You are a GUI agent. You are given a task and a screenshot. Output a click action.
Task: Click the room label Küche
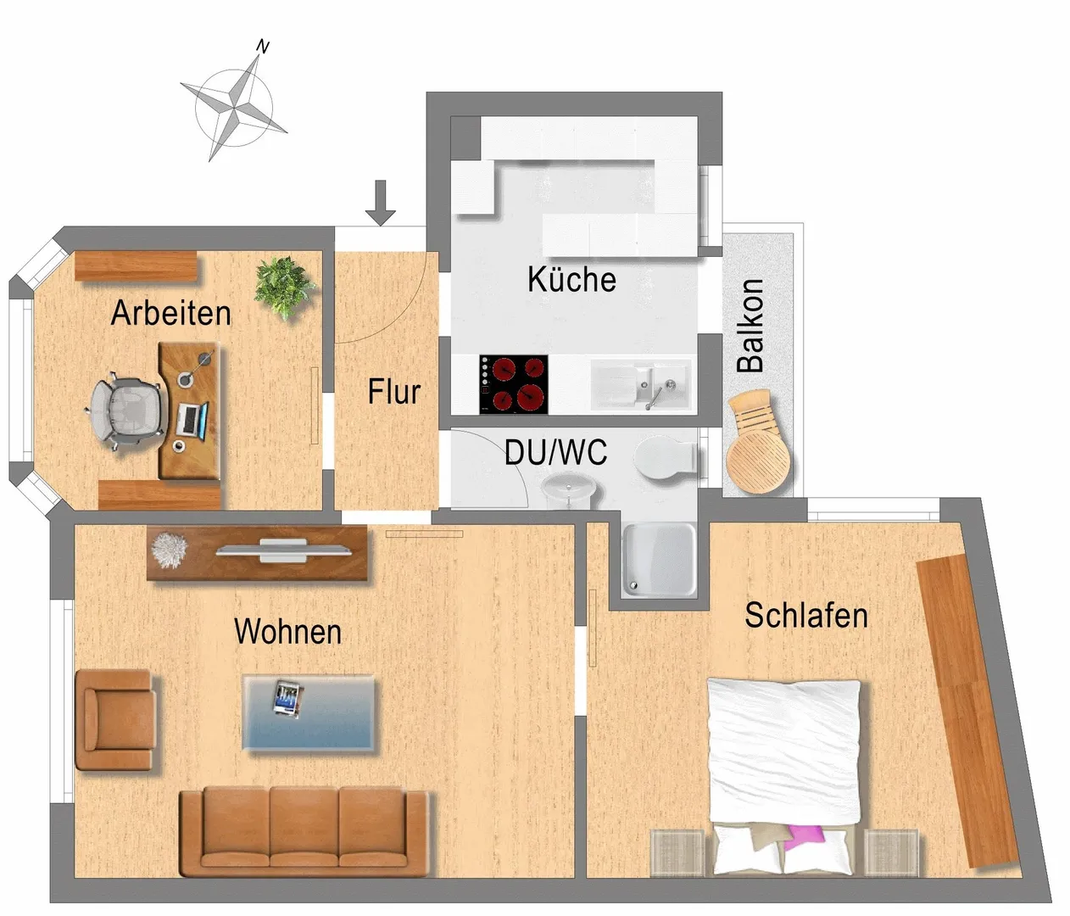click(571, 279)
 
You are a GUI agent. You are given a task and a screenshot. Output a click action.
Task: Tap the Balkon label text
click(750, 326)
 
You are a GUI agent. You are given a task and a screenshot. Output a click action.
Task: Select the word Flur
click(394, 392)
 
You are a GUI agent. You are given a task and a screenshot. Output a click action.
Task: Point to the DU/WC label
click(555, 452)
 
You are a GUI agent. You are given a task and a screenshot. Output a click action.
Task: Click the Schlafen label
click(806, 616)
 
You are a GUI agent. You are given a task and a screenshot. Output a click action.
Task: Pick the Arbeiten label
click(170, 313)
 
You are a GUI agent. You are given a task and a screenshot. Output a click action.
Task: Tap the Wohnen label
click(287, 631)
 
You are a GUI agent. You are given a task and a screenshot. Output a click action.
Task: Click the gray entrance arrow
click(381, 203)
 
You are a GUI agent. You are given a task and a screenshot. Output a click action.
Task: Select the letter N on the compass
click(263, 47)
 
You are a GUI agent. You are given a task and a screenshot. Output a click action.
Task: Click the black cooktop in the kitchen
click(514, 384)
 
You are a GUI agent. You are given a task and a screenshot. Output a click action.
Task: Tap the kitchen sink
click(641, 385)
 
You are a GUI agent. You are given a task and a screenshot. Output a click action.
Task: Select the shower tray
click(660, 561)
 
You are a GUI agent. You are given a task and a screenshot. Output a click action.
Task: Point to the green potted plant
click(284, 288)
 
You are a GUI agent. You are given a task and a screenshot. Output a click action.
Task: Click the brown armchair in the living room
click(116, 720)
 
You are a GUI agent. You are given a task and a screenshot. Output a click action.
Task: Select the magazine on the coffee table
click(288, 699)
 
